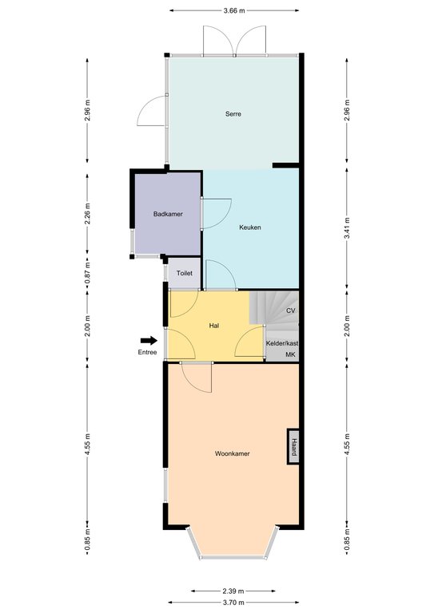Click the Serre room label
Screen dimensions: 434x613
233,114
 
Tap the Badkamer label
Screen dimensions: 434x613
168,214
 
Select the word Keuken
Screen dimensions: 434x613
250,227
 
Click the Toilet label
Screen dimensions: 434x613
185,273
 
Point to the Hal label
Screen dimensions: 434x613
214,326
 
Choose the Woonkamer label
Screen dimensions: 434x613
232,453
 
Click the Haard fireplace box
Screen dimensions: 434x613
293,446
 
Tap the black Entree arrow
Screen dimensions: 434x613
149,341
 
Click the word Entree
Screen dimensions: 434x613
147,352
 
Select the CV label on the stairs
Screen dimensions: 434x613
291,310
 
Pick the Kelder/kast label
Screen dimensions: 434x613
282,343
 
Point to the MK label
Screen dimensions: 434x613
290,354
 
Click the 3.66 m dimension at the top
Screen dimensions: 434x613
234,10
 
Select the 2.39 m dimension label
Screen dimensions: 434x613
233,591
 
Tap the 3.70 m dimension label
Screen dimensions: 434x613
233,603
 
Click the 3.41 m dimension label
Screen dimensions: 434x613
347,229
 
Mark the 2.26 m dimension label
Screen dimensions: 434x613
87,213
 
